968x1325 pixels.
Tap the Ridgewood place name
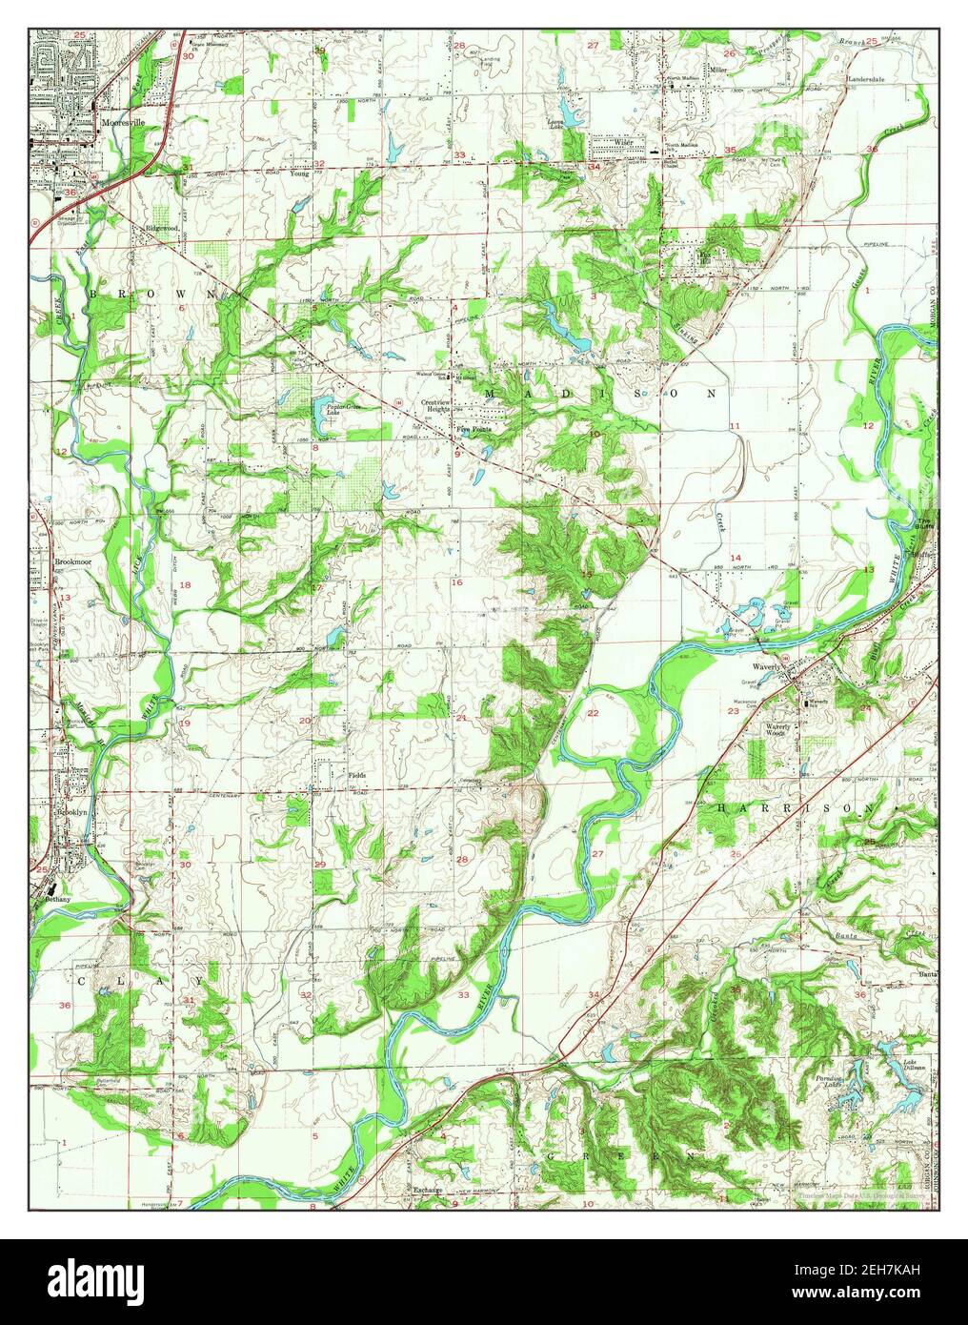pos(163,229)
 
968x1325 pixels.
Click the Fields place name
pos(357,775)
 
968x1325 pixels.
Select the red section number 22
pos(593,713)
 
